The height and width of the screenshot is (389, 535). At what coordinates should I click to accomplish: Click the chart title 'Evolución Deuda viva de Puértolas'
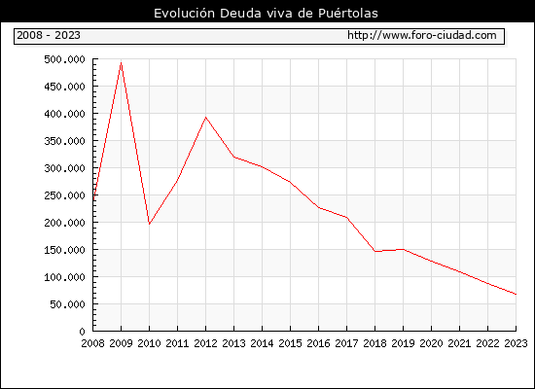[x=266, y=14]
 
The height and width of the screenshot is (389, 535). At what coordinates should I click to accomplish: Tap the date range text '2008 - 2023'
[x=49, y=35]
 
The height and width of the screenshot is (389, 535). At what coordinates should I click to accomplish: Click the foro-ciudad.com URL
[x=422, y=35]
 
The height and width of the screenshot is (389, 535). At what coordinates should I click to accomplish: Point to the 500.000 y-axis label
[x=64, y=59]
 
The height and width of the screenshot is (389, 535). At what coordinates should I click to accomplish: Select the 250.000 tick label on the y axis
[x=64, y=195]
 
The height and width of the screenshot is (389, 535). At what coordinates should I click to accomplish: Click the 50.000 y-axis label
[x=67, y=304]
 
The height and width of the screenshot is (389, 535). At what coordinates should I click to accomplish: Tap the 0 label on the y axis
[x=82, y=332]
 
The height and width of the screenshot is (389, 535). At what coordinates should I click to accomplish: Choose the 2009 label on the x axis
[x=121, y=343]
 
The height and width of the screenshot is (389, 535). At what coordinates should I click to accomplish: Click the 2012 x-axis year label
[x=205, y=343]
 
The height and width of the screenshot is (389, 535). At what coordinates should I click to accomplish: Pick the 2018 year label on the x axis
[x=374, y=343]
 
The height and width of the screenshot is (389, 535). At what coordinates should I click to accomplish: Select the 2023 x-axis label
[x=516, y=343]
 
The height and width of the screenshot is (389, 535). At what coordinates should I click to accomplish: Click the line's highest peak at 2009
[x=122, y=63]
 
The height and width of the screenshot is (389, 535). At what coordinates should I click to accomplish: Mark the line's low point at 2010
[x=149, y=224]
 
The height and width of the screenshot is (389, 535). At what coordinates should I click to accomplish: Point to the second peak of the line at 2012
[x=205, y=118]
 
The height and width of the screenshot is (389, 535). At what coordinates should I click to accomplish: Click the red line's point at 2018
[x=374, y=251]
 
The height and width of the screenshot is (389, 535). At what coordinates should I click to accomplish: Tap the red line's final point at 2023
[x=516, y=294]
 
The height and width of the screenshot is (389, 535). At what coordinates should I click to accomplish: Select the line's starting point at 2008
[x=93, y=200]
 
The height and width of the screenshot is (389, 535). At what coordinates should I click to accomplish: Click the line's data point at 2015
[x=290, y=182]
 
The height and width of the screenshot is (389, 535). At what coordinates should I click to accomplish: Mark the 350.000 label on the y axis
[x=64, y=141]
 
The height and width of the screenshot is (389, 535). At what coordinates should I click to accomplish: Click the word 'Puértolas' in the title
[x=348, y=14]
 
